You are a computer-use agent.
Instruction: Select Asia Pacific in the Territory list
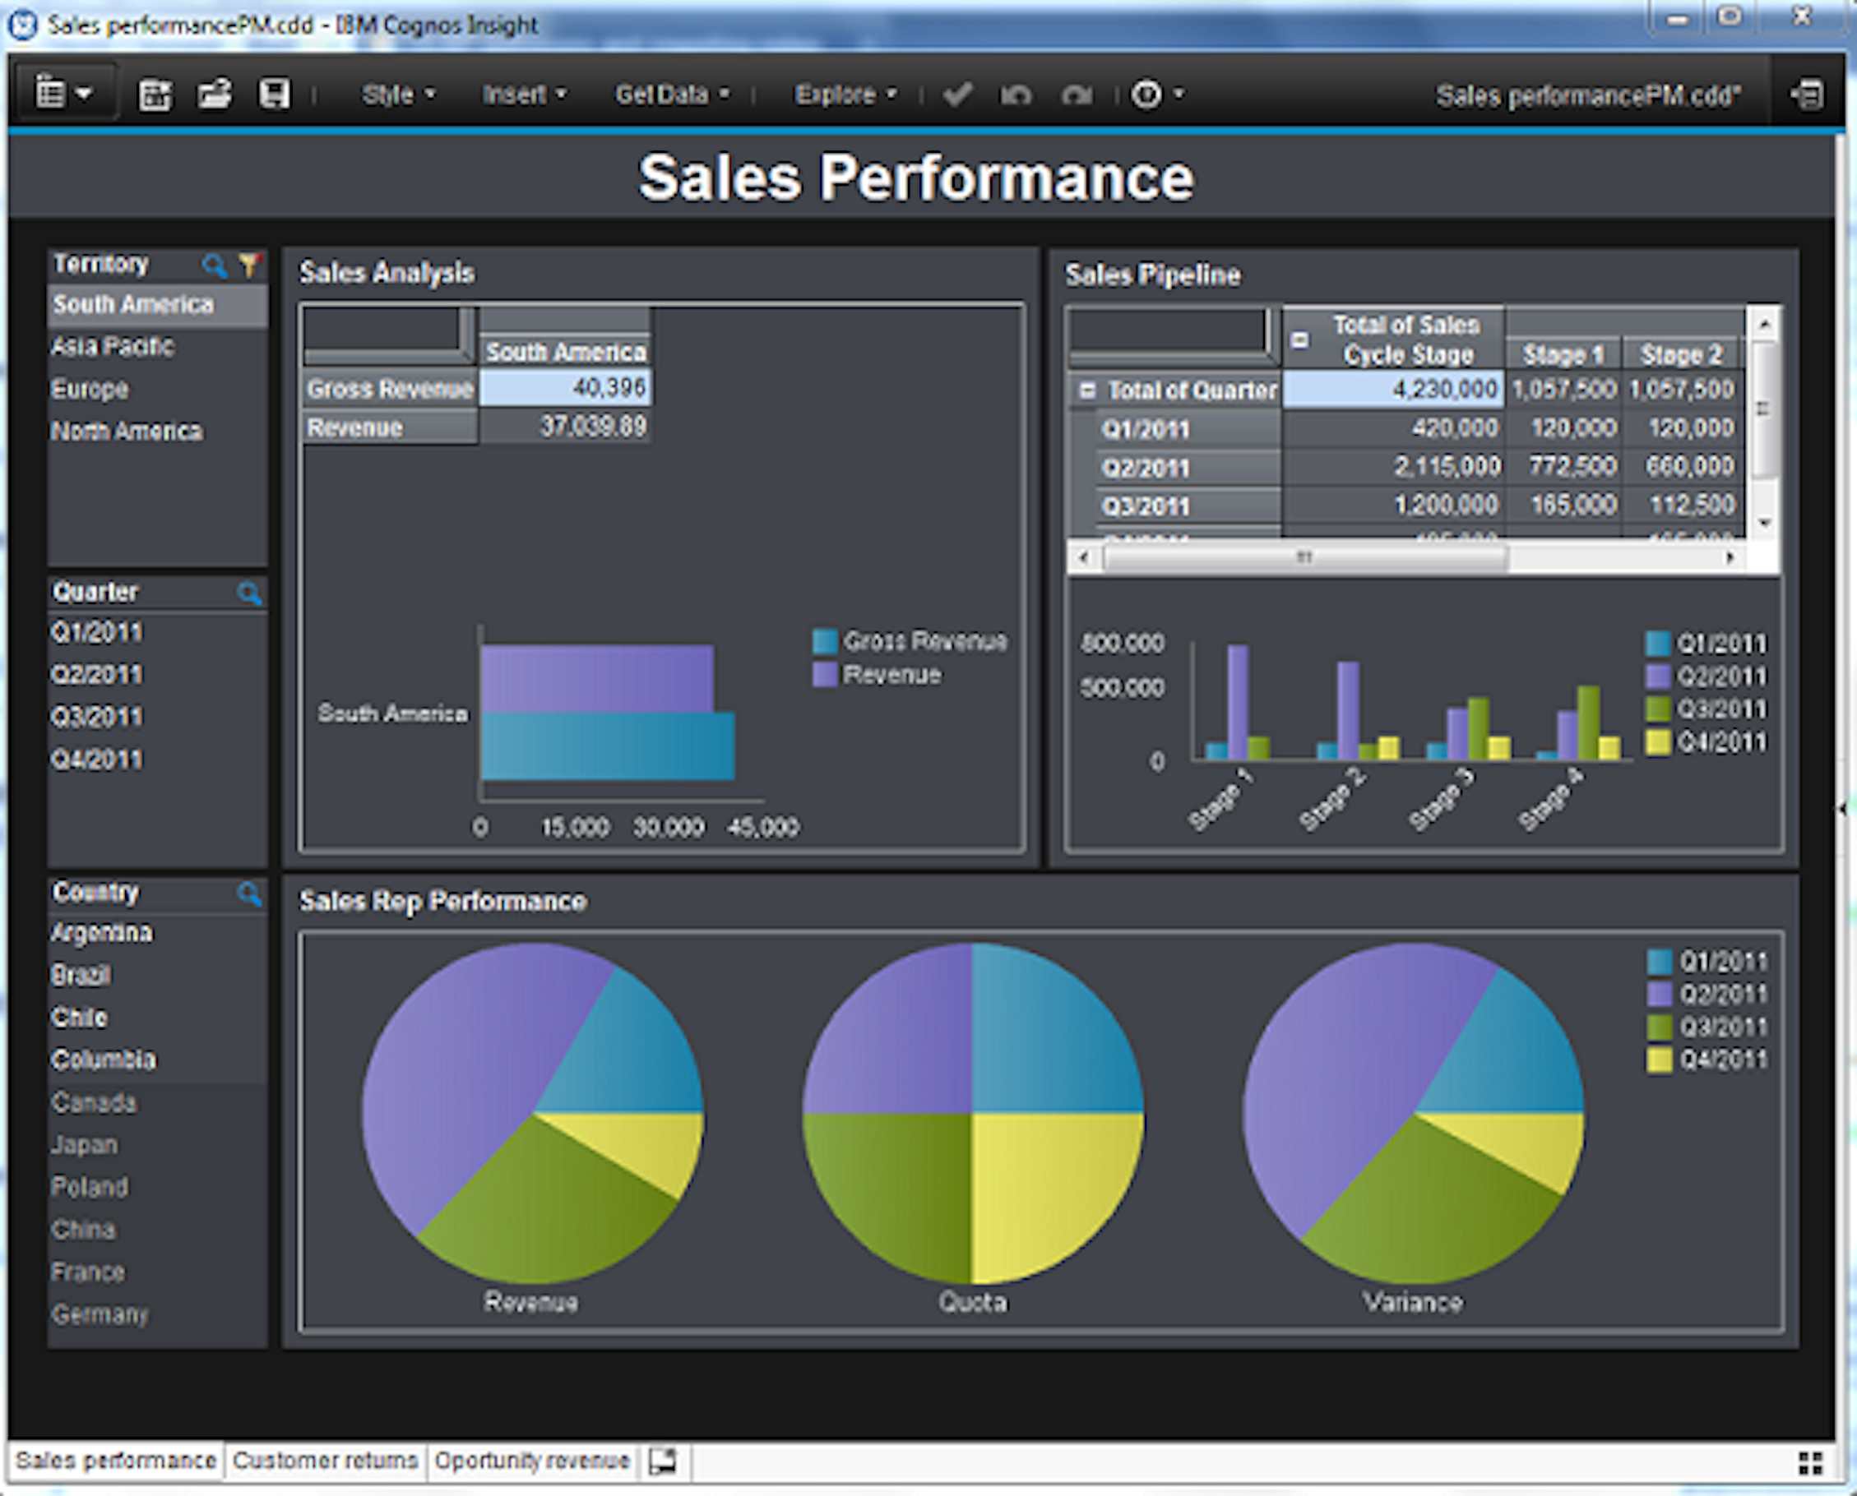coord(113,346)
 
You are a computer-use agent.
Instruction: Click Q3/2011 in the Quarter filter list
coord(97,716)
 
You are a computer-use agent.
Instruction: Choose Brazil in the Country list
coord(81,975)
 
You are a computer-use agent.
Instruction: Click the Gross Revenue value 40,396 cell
coord(566,388)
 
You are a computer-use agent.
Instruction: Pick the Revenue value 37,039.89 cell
coord(566,427)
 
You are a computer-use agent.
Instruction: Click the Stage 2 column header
coord(1680,354)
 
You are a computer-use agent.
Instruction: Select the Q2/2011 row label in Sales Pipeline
coord(1146,468)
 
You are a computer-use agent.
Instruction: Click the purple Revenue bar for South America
coord(596,677)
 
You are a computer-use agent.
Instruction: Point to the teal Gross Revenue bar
coord(608,746)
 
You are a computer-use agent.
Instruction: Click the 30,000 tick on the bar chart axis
coord(668,827)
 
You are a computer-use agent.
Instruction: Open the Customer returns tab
coord(325,1461)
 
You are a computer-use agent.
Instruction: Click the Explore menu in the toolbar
coord(844,94)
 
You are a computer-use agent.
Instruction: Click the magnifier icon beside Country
coord(249,893)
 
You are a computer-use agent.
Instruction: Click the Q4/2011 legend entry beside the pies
coord(1707,1060)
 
